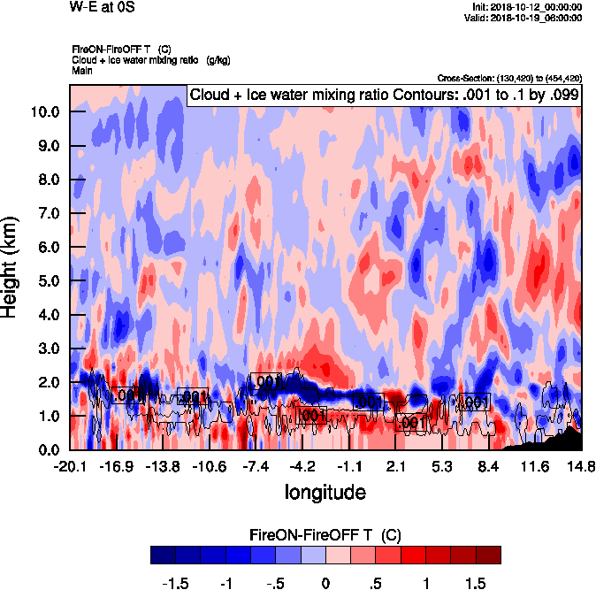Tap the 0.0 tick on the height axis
click(x=46, y=449)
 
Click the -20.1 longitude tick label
click(x=69, y=465)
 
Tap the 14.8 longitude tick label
click(x=581, y=465)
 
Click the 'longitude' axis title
click(x=325, y=490)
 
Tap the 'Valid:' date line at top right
click(x=525, y=18)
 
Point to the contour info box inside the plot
click(x=383, y=95)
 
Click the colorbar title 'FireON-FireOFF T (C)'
click(x=325, y=535)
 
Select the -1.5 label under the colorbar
click(x=178, y=584)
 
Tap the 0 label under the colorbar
click(x=325, y=584)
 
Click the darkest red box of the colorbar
click(x=488, y=555)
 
